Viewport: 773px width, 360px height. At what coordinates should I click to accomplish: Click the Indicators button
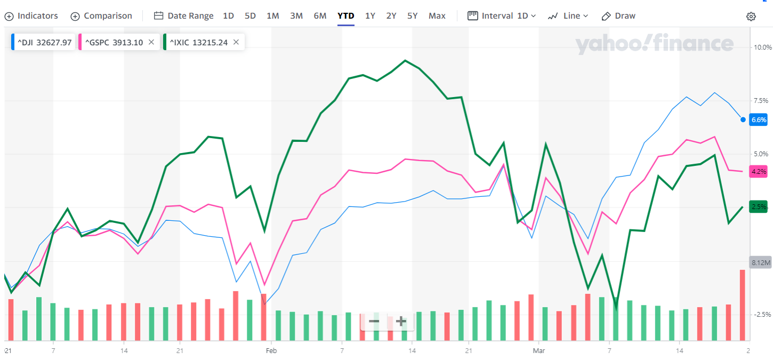click(x=31, y=16)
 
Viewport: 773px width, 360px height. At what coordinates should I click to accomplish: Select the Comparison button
click(x=101, y=16)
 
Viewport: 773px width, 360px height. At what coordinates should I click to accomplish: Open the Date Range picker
click(x=183, y=16)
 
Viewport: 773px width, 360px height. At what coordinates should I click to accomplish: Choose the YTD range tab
click(x=345, y=16)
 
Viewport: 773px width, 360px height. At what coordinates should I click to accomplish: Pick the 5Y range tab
click(x=412, y=16)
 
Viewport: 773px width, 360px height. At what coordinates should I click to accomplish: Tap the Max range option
click(x=437, y=16)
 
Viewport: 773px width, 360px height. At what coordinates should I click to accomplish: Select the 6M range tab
click(x=320, y=16)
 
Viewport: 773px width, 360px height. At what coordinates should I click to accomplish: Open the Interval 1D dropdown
click(x=502, y=16)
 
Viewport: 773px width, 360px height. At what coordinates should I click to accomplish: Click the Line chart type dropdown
click(x=568, y=16)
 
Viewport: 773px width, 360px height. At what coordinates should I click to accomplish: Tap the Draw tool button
click(x=618, y=16)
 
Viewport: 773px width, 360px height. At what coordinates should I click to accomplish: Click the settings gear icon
click(x=751, y=17)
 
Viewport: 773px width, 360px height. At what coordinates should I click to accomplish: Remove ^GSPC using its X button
click(x=151, y=42)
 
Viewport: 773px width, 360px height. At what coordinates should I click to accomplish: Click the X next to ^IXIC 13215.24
click(x=236, y=42)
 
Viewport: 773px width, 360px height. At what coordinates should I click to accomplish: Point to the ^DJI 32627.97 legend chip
click(x=42, y=42)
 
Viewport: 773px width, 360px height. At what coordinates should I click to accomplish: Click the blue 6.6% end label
click(x=758, y=120)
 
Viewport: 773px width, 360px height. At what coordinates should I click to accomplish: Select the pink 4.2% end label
click(x=758, y=172)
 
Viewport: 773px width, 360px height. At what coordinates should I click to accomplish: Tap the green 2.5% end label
click(x=758, y=207)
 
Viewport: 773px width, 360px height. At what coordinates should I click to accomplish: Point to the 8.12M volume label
click(x=761, y=263)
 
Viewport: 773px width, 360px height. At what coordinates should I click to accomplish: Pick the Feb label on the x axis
click(x=271, y=350)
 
